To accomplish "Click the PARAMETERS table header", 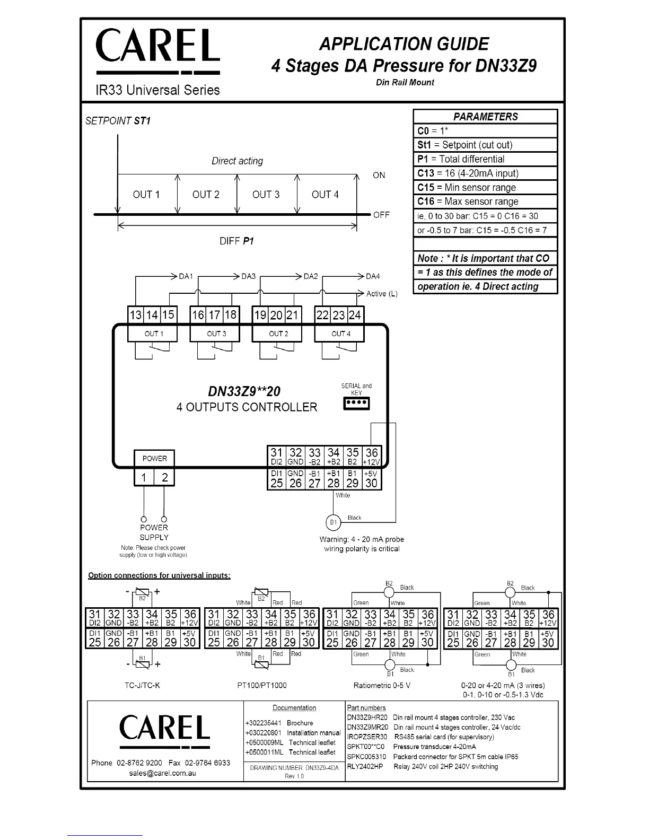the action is click(485, 117).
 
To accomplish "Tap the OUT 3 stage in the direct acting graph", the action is click(266, 195).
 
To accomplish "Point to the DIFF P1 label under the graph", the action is click(236, 241).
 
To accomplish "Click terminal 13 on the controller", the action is click(136, 315).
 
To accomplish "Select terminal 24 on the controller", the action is click(355, 315).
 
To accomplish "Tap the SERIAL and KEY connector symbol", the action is click(357, 404).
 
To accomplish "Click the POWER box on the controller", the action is click(154, 459).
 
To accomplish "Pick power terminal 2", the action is click(164, 477).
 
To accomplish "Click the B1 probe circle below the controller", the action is click(333, 523).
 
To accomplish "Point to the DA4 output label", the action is click(373, 276).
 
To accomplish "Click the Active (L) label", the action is click(382, 294).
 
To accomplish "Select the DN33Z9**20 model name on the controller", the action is click(244, 391).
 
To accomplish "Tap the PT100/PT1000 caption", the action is click(261, 685).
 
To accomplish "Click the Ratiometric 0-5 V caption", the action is click(382, 685).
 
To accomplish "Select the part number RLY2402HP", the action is click(365, 766).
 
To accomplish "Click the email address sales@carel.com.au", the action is click(163, 773).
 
